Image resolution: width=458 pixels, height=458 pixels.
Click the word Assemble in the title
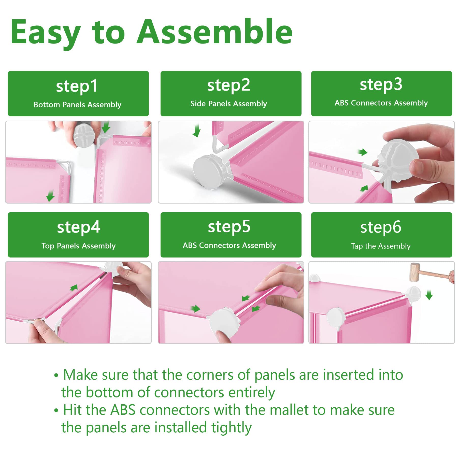tap(214, 32)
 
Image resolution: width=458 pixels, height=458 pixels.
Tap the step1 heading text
tap(77, 86)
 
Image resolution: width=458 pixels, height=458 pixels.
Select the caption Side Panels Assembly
tap(228, 104)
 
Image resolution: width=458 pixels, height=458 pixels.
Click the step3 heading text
tap(381, 85)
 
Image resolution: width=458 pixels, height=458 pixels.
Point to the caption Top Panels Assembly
tap(78, 246)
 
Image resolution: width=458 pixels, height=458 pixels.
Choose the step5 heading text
tap(229, 227)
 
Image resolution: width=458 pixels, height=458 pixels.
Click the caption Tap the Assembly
tap(381, 246)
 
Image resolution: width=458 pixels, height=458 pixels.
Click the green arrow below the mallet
tap(429, 295)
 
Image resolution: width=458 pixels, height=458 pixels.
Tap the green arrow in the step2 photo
tap(196, 131)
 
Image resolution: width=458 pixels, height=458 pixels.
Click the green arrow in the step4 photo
tap(74, 288)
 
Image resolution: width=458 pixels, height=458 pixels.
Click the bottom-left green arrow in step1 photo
tap(50, 196)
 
